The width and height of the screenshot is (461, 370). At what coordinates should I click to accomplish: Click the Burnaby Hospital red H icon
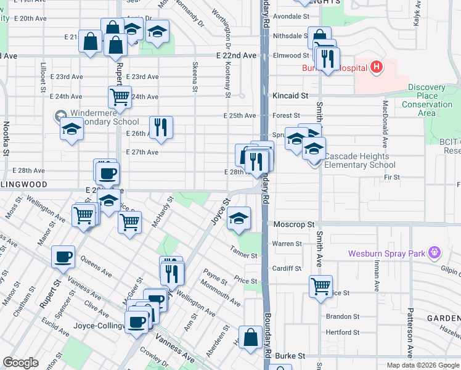pyautogui.click(x=377, y=67)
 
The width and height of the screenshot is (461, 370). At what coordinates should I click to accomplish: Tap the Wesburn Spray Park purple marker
pyautogui.click(x=434, y=252)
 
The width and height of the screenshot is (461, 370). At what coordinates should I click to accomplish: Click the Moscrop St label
pyautogui.click(x=294, y=224)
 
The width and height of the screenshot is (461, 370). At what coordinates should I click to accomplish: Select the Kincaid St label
pyautogui.click(x=290, y=96)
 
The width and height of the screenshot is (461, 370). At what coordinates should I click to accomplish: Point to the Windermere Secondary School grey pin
pyautogui.click(x=60, y=115)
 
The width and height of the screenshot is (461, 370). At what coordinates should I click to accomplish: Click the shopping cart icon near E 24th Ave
pyautogui.click(x=120, y=96)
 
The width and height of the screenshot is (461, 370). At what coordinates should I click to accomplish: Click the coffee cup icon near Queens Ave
pyautogui.click(x=63, y=256)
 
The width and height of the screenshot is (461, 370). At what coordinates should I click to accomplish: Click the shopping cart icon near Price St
pyautogui.click(x=320, y=285)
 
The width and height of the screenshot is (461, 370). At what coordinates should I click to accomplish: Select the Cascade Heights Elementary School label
pyautogui.click(x=359, y=160)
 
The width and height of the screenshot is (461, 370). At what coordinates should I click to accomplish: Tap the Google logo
pyautogui.click(x=20, y=363)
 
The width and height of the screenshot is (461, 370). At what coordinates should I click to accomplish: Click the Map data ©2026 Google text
pyautogui.click(x=422, y=365)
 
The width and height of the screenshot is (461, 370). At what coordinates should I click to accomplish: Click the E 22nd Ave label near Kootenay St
pyautogui.click(x=236, y=55)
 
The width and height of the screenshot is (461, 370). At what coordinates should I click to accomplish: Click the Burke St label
pyautogui.click(x=290, y=356)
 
